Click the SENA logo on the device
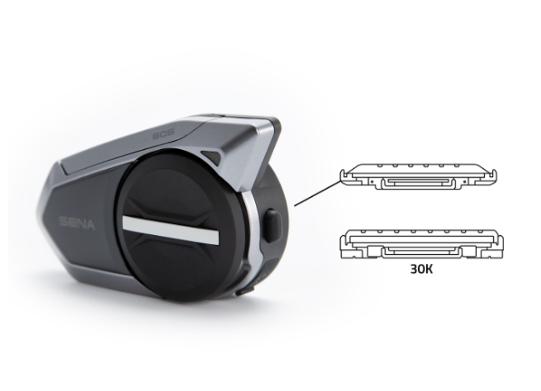[76, 222]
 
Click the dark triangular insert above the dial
[211, 157]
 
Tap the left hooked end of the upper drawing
[344, 174]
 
